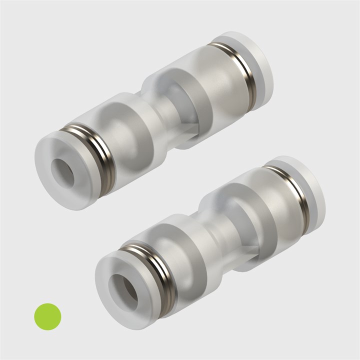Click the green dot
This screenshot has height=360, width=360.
click(x=47, y=316)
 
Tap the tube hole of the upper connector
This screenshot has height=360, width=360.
click(x=63, y=173)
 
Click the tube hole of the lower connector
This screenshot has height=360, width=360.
click(x=123, y=288)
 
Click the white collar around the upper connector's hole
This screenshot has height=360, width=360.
click(x=52, y=187)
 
